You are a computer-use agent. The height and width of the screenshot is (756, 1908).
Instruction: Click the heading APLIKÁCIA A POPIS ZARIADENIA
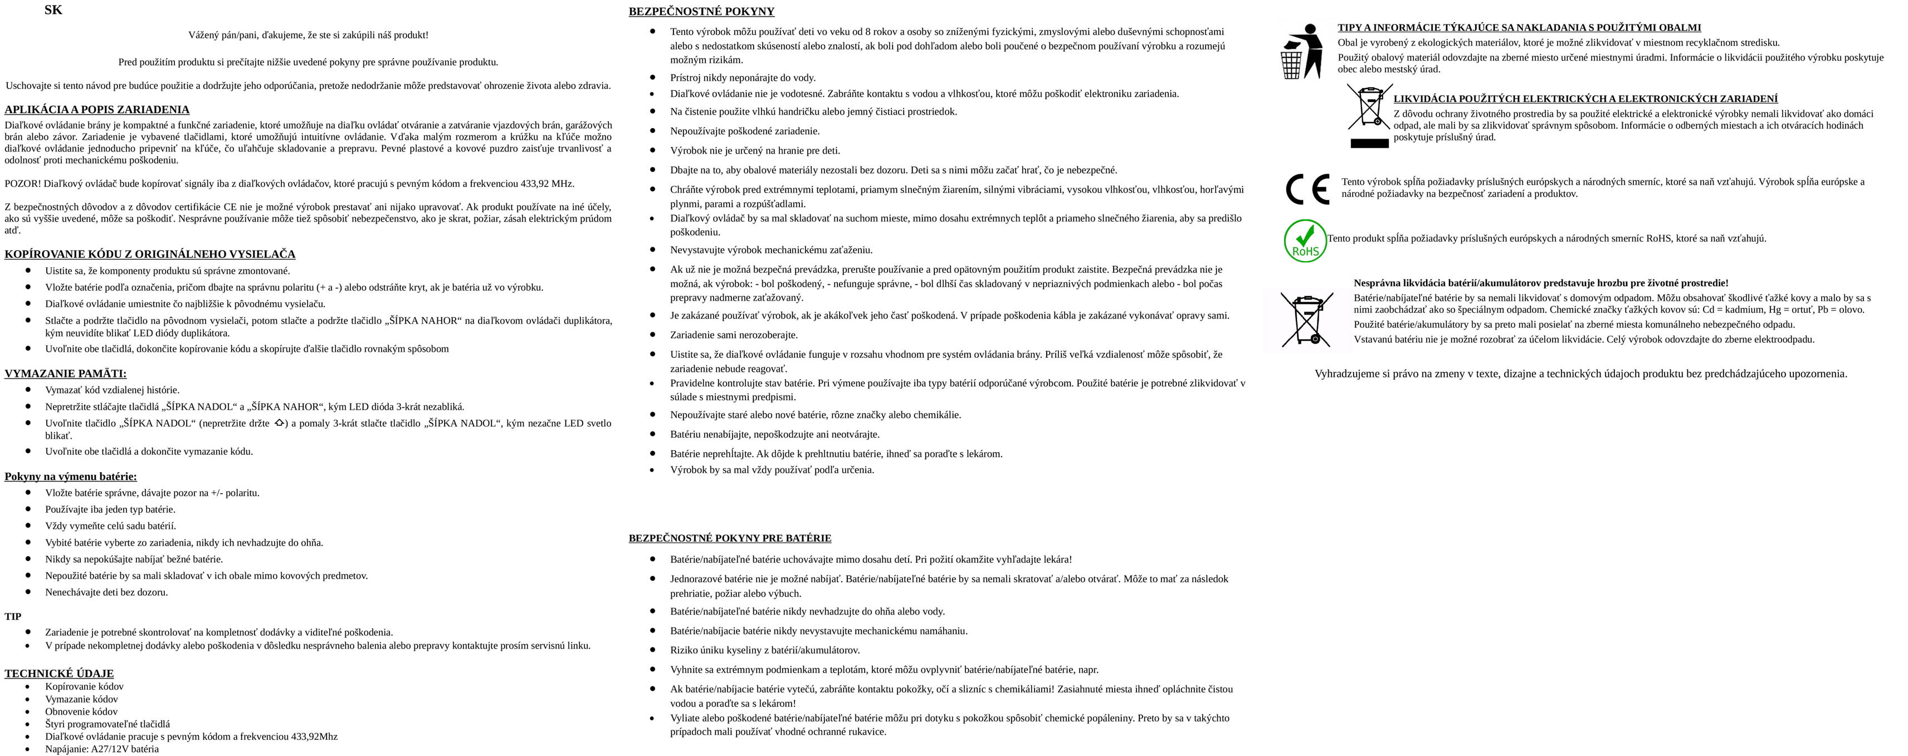97,110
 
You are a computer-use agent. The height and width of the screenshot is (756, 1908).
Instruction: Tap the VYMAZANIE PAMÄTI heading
65,374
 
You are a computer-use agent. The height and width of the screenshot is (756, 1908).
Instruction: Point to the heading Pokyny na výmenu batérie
70,477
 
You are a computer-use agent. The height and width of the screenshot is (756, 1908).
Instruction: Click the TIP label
13,617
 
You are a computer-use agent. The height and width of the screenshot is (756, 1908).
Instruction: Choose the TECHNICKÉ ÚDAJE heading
59,674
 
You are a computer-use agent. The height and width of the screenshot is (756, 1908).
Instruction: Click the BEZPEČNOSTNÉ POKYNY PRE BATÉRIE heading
730,538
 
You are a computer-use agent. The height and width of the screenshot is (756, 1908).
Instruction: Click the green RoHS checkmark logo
1305,240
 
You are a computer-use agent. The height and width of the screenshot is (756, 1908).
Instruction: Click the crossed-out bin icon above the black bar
1369,107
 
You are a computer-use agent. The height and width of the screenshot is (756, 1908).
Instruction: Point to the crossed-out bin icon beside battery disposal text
1307,320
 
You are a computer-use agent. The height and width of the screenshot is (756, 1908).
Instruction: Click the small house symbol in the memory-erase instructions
279,423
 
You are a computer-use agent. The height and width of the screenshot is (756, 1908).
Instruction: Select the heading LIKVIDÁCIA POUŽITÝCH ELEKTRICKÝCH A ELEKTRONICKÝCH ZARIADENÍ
1585,99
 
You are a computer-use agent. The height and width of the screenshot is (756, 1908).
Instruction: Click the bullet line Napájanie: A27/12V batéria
101,749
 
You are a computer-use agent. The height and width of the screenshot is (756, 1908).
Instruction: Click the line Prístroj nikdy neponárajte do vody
742,78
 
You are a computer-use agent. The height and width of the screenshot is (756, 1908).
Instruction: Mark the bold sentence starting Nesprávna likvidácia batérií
1541,283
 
